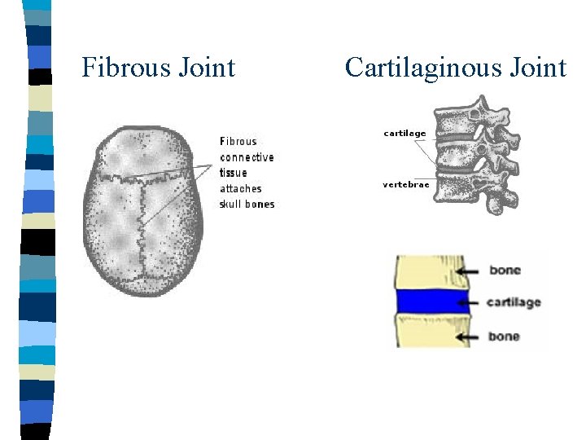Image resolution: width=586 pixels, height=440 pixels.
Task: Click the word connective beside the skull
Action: click(x=247, y=157)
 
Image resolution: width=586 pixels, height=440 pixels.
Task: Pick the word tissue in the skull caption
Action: click(x=234, y=173)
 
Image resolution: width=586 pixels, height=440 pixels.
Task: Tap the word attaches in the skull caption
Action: click(x=241, y=188)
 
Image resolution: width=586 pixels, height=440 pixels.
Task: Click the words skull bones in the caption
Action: click(x=247, y=204)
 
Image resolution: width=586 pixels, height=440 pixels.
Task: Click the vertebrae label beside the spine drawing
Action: click(x=405, y=184)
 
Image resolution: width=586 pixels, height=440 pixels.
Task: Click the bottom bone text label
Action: click(x=504, y=336)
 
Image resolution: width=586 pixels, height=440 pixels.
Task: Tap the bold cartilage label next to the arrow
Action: click(x=514, y=302)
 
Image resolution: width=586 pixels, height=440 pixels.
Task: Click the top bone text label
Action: click(x=505, y=270)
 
